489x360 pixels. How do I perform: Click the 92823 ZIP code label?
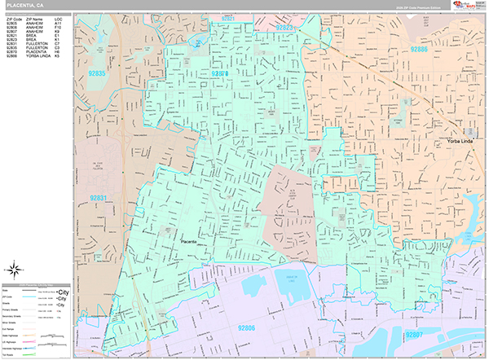[287, 27]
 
